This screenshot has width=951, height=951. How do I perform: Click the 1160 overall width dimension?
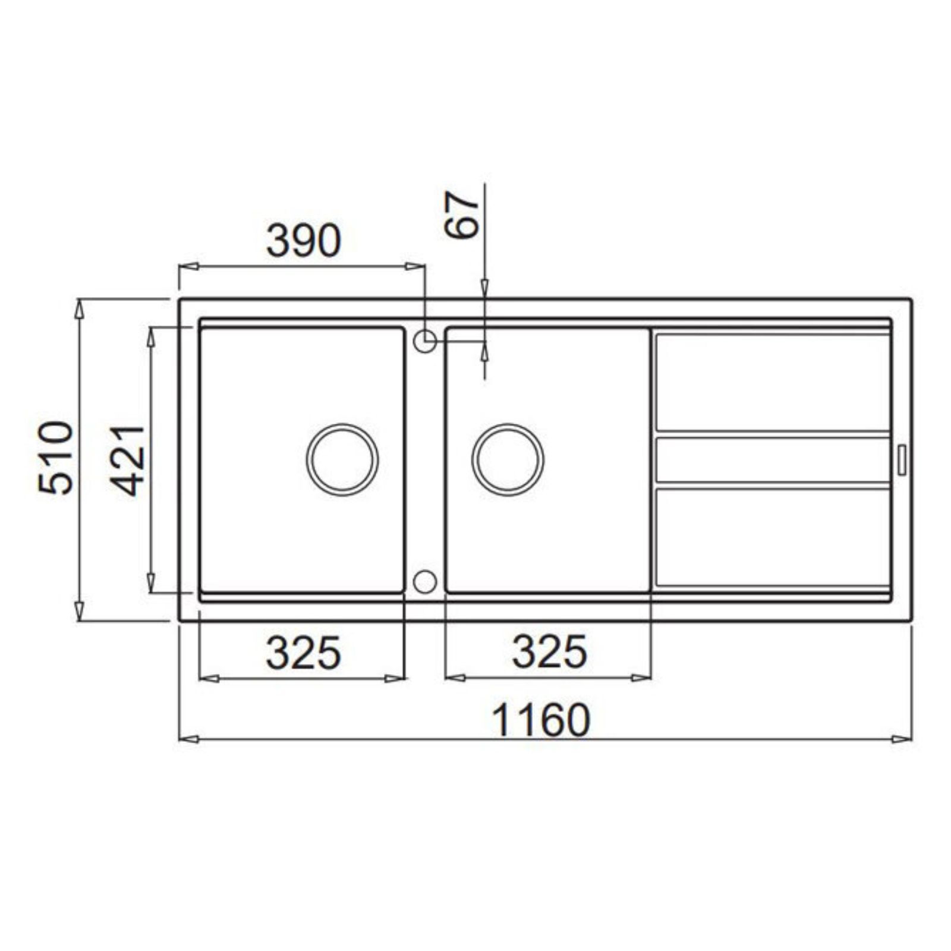pyautogui.click(x=541, y=720)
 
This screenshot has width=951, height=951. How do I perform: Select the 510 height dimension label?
pyautogui.click(x=56, y=458)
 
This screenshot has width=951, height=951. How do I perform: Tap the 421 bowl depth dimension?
pyautogui.click(x=128, y=460)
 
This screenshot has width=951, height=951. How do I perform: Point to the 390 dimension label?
pyautogui.click(x=304, y=241)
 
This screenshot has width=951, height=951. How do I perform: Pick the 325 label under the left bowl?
pyautogui.click(x=303, y=653)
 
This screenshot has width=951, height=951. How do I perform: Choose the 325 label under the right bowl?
pyautogui.click(x=550, y=652)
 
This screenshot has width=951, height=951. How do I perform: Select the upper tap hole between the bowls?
pyautogui.click(x=425, y=341)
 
